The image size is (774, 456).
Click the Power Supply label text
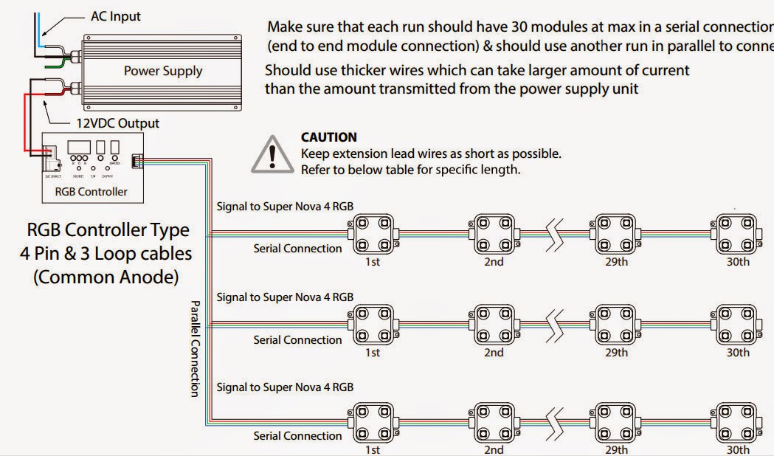point(162,72)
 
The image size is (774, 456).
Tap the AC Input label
point(115,15)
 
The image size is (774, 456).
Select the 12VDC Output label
point(118,123)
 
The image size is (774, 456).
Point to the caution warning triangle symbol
point(272,154)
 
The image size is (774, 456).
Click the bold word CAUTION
point(329,137)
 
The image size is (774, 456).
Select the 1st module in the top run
point(373,234)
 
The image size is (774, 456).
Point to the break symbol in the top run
point(556,234)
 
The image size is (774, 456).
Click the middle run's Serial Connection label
point(297,340)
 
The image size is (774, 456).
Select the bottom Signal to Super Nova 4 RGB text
point(285,387)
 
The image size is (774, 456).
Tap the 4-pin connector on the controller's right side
point(137,160)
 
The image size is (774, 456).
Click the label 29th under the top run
point(616,261)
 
